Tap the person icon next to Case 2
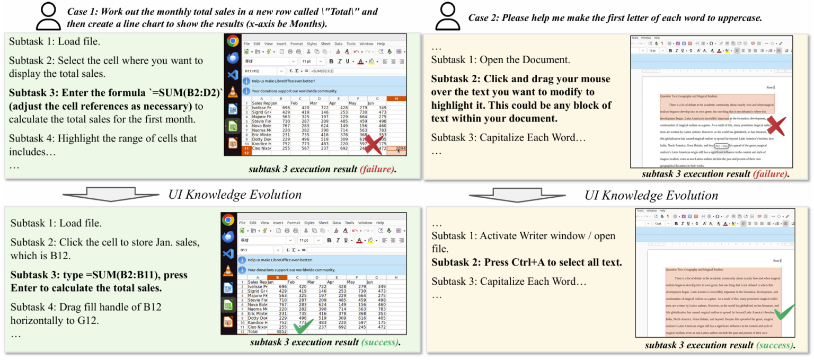click(x=447, y=16)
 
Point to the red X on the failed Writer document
click(x=775, y=126)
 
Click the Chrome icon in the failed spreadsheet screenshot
click(x=232, y=41)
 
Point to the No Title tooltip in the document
click(x=721, y=146)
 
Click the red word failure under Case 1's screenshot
click(x=377, y=170)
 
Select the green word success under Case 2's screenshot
click(x=774, y=346)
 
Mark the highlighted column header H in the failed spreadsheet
click(x=396, y=99)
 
